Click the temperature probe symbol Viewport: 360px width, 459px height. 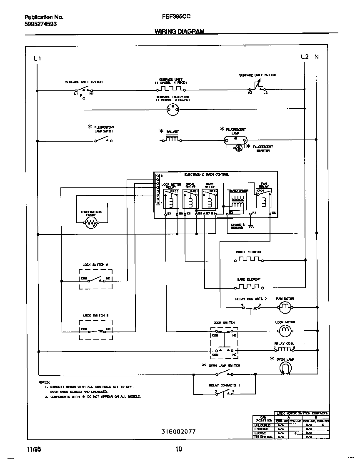click(x=91, y=224)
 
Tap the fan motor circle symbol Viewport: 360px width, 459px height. click(x=284, y=308)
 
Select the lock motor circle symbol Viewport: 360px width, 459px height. click(x=284, y=330)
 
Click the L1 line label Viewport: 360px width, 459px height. click(x=37, y=58)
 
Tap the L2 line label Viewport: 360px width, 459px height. click(x=305, y=57)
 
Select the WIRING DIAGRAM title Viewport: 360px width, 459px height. click(x=180, y=31)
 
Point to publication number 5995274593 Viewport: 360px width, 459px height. click(x=40, y=24)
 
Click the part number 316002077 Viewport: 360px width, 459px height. click(x=178, y=432)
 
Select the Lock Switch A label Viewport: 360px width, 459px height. click(x=95, y=265)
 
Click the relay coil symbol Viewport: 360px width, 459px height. click(x=284, y=349)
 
